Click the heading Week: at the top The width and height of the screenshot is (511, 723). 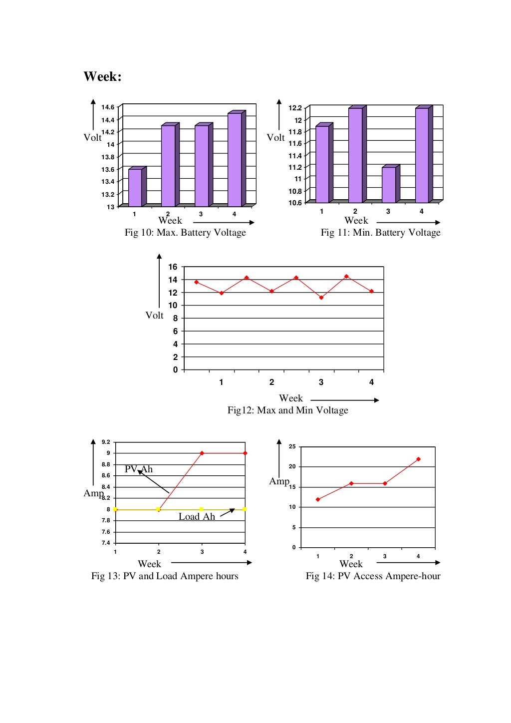tap(102, 77)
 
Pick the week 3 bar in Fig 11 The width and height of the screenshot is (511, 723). tap(389, 185)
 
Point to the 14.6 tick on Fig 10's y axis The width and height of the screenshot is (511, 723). tap(108, 107)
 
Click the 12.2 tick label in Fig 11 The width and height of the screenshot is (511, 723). tap(295, 108)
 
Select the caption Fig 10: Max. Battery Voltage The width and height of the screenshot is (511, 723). tap(185, 233)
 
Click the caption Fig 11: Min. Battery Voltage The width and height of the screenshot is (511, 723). tap(380, 233)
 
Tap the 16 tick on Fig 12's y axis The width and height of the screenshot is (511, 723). tap(173, 267)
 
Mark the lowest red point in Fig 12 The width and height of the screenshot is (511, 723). tap(321, 298)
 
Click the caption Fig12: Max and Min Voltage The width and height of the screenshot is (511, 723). tap(287, 410)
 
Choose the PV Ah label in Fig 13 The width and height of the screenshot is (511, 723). tap(139, 469)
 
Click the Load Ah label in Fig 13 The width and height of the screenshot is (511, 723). tap(197, 517)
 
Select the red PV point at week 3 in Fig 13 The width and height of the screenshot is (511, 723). tap(202, 453)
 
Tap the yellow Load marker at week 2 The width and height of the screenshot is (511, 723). tap(159, 509)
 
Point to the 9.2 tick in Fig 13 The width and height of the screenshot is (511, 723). tap(106, 442)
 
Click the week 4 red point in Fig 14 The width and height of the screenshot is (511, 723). tap(418, 459)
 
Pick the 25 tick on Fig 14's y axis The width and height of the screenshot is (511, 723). tap(292, 446)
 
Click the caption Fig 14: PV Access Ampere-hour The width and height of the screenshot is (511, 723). tap(373, 576)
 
